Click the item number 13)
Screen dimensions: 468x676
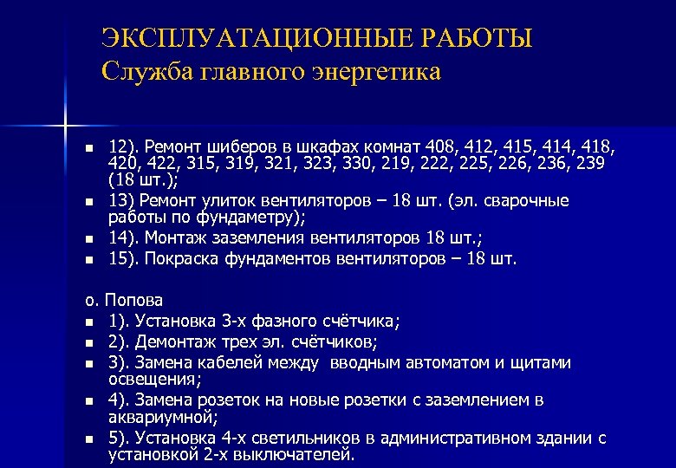click(x=121, y=202)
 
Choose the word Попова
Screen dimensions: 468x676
click(x=133, y=301)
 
